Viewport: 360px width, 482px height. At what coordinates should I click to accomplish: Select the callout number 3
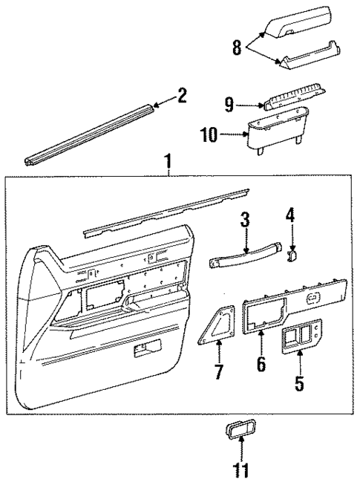tap(245, 219)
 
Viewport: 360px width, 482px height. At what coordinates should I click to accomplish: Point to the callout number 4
tap(291, 216)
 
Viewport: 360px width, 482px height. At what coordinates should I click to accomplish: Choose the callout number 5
tap(299, 384)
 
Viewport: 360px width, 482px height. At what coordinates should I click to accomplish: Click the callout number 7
tap(218, 371)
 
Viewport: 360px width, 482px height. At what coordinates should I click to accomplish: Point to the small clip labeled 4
tap(292, 255)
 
